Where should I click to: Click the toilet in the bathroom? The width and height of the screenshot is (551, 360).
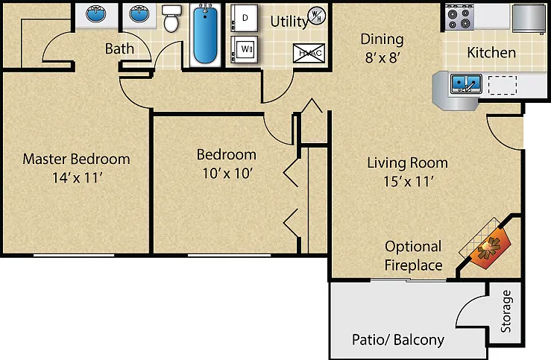coord(171,19)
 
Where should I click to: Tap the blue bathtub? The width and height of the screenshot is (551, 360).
coord(205,34)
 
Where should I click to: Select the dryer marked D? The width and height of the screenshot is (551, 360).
coord(245,18)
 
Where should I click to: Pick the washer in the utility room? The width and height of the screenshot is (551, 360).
coord(245,49)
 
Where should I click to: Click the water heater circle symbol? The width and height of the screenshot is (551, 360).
coord(317,16)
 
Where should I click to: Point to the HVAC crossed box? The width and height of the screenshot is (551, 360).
coord(309,54)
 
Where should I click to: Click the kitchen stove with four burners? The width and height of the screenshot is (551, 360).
coord(459,18)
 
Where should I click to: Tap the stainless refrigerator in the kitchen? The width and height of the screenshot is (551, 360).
coord(529,19)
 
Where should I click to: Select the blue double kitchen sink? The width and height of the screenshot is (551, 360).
coord(466,83)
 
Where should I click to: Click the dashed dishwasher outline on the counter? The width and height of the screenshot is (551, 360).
coord(503,85)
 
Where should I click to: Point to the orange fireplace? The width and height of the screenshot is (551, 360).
coord(490,247)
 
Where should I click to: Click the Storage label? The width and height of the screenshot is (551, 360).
coord(506,312)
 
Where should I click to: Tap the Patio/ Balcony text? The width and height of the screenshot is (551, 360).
coord(398,340)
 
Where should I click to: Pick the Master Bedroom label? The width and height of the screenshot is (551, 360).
coord(76,159)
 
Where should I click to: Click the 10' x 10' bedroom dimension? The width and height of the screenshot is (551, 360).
coord(227,173)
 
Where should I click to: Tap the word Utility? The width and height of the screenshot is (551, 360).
coord(289,22)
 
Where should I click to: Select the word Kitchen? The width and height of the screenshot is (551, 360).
coord(491,53)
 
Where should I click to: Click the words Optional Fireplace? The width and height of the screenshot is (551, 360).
coord(413,256)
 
